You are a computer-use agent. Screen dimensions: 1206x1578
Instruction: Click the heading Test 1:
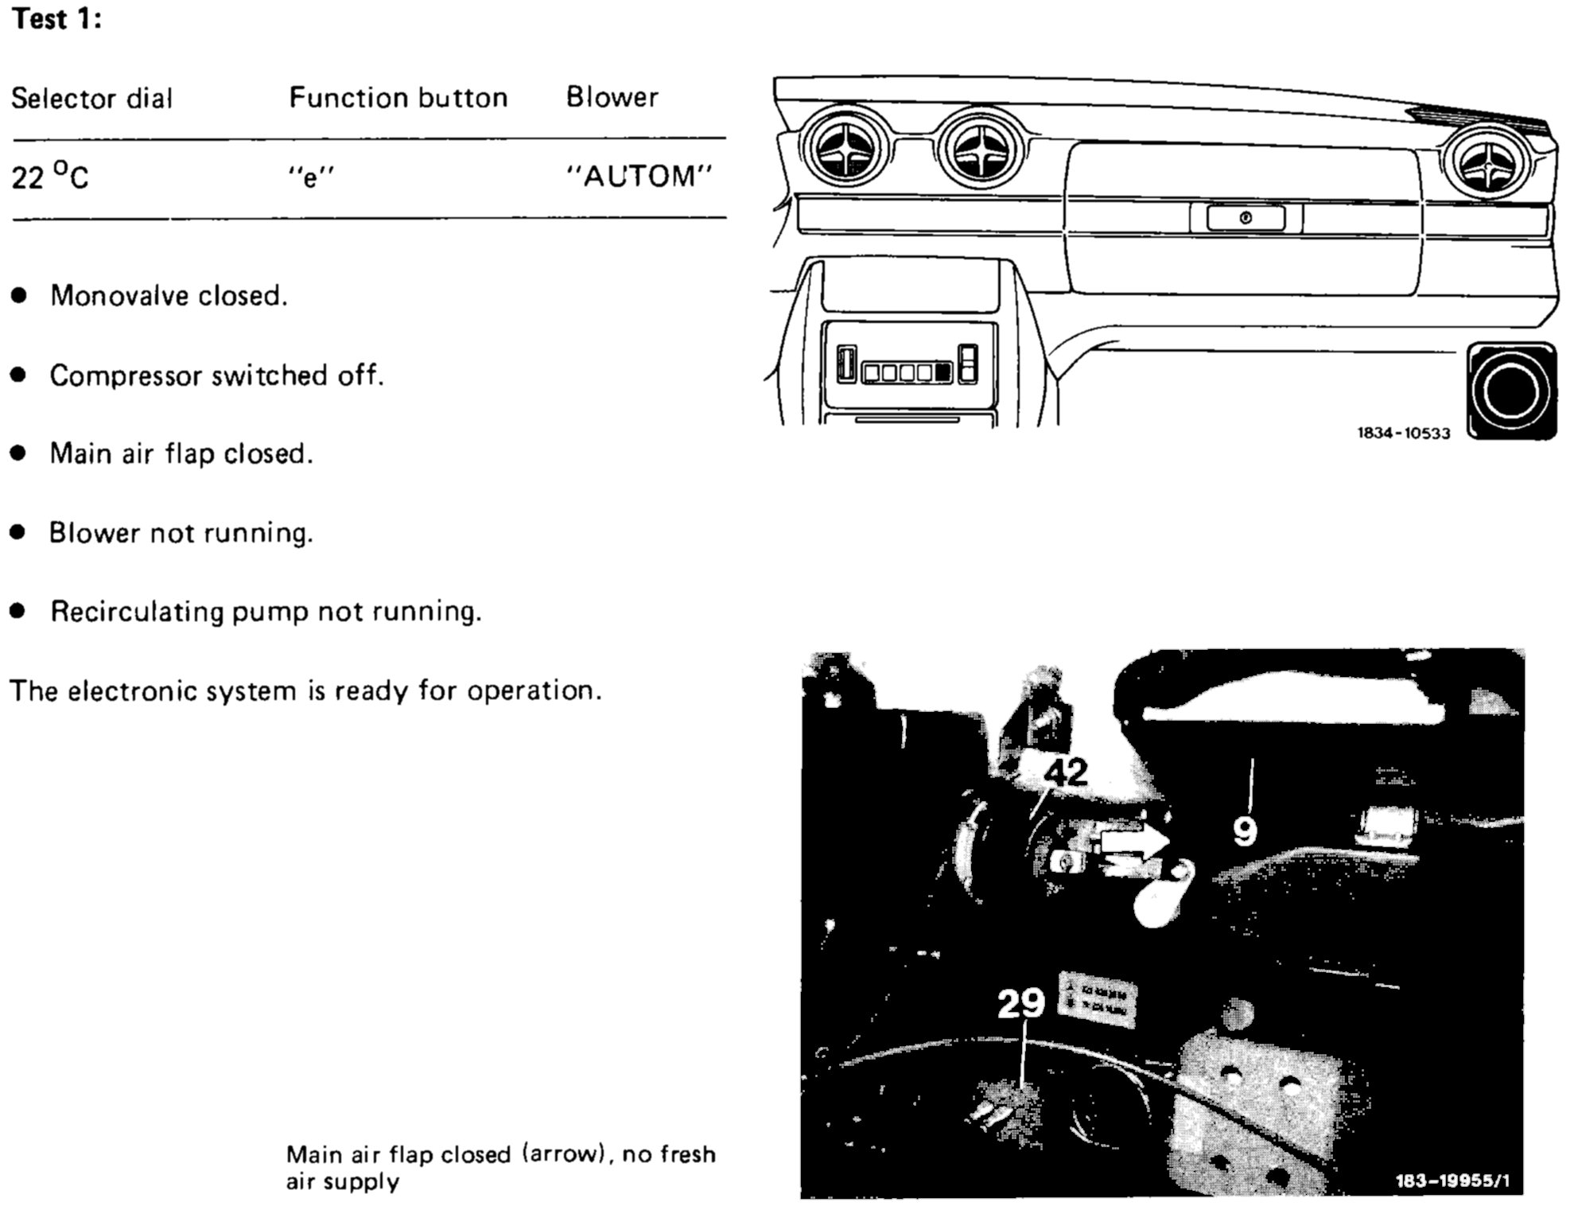tap(56, 19)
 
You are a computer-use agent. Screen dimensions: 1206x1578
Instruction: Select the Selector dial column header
tap(91, 99)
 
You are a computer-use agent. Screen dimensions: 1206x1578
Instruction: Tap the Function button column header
tap(398, 98)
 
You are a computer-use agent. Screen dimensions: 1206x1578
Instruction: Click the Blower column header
tap(612, 97)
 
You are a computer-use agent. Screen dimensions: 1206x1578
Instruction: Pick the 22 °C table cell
tap(49, 176)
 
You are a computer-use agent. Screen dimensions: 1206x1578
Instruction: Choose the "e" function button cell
tap(311, 177)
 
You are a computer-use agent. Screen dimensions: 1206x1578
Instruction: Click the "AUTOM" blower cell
tap(639, 176)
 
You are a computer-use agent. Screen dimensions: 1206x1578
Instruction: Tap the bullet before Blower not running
tap(18, 532)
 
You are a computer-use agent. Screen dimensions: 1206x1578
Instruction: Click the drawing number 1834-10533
tap(1403, 434)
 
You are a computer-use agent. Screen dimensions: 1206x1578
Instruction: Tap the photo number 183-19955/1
tap(1452, 1181)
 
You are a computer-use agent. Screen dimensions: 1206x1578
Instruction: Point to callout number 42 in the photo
tap(1065, 772)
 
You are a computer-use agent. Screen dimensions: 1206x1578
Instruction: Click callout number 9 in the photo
tap(1245, 831)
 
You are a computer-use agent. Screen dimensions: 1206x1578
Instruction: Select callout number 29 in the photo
tap(1021, 1003)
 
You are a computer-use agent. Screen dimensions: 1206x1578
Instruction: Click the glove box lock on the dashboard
tap(1246, 218)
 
